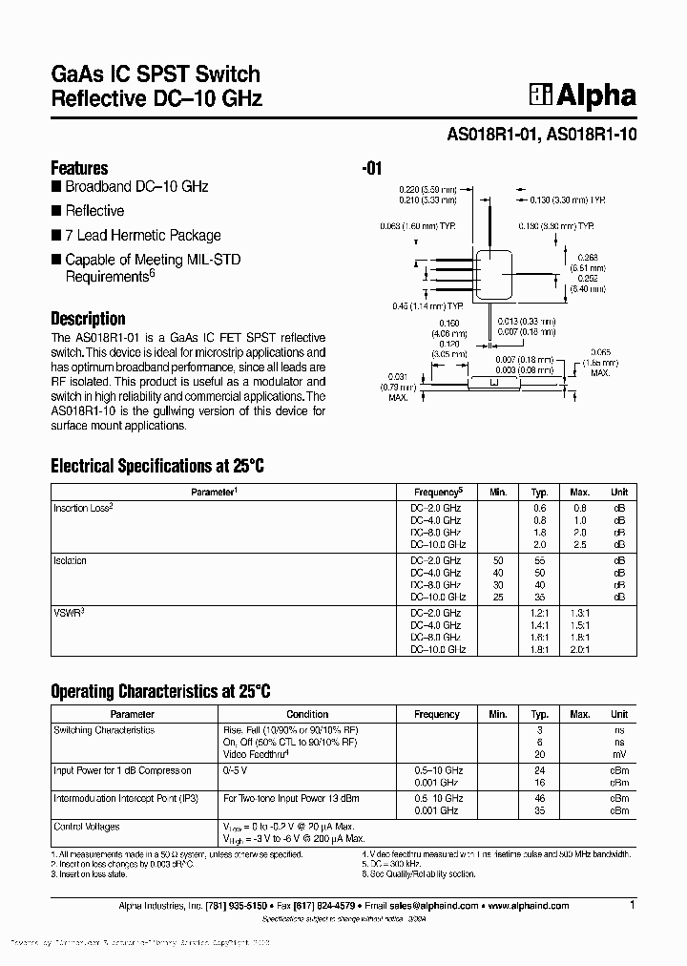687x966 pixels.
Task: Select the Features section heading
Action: click(79, 168)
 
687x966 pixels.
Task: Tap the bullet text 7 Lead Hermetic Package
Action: click(142, 235)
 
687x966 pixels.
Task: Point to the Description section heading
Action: click(88, 319)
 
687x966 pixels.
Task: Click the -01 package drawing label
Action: click(372, 169)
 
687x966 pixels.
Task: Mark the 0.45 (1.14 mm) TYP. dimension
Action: click(427, 305)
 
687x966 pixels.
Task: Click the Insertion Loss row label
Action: click(83, 508)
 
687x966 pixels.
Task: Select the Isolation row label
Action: click(70, 560)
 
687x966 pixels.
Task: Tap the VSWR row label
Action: click(68, 613)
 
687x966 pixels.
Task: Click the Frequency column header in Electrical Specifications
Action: click(438, 492)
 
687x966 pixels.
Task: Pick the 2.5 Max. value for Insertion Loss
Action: click(579, 544)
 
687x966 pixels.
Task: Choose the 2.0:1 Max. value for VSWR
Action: click(579, 649)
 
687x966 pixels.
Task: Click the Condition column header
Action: click(307, 714)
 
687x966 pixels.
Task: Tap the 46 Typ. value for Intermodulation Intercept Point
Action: click(540, 797)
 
